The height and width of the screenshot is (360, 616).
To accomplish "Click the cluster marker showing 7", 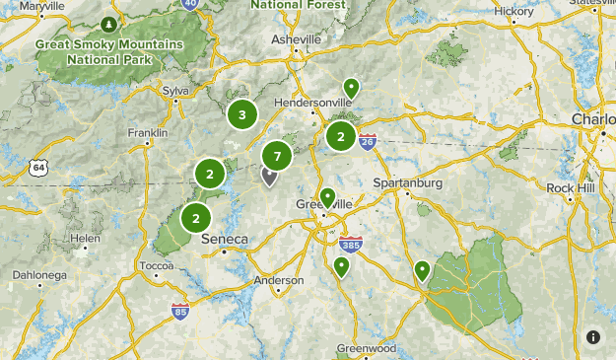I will point(277,156).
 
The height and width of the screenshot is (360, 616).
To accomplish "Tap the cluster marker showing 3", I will point(242,114).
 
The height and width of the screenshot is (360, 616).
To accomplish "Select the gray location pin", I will point(268,176).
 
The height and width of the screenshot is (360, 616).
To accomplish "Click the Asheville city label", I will point(297,39).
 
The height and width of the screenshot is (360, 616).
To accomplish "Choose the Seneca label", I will point(224,239).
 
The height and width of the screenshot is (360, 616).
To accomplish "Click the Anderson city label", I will point(279,279).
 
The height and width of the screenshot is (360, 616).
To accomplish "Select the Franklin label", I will point(148,133).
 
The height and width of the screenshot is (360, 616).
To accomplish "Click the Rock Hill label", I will point(572,187).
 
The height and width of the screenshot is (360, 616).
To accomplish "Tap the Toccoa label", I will point(156,266).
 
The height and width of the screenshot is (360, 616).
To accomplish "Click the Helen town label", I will point(84,239).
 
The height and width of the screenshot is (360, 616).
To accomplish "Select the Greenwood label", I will point(366,348).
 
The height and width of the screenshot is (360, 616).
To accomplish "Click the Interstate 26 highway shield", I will point(368,141).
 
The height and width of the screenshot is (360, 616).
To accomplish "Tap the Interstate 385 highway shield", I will point(349,244).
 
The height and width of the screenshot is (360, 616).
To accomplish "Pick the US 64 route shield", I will point(38,168).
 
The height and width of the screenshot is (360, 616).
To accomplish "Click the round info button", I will point(593,337).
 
